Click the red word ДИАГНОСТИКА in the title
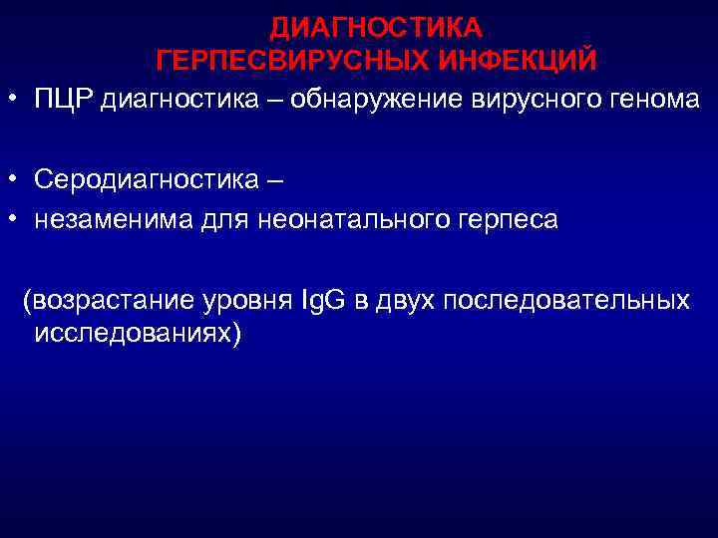click(x=377, y=26)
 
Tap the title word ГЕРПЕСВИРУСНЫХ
click(x=277, y=61)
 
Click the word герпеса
click(x=508, y=219)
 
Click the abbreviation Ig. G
click(x=321, y=300)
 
